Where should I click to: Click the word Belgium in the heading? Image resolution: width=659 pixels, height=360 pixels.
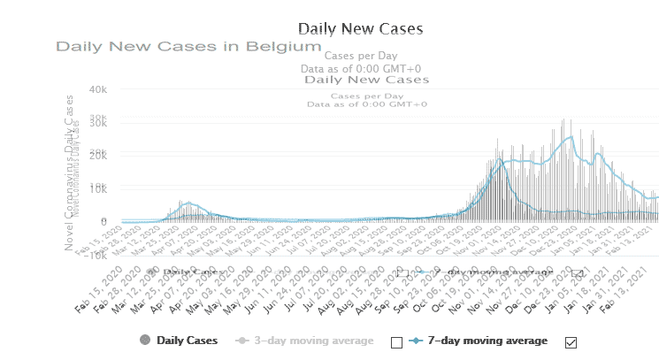point(285,46)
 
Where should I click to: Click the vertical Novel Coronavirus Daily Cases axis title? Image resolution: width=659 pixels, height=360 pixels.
point(70,172)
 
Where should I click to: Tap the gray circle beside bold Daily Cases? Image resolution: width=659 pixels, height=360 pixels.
point(144,341)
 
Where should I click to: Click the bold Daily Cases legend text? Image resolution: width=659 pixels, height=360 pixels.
point(188,341)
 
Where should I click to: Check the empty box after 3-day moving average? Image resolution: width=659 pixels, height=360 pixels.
point(396,342)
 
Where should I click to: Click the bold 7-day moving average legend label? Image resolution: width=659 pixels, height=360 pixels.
point(487,341)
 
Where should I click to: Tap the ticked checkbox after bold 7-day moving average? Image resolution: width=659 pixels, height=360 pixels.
point(571,342)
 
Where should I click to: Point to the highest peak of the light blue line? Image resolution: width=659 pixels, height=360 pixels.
point(569,137)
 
